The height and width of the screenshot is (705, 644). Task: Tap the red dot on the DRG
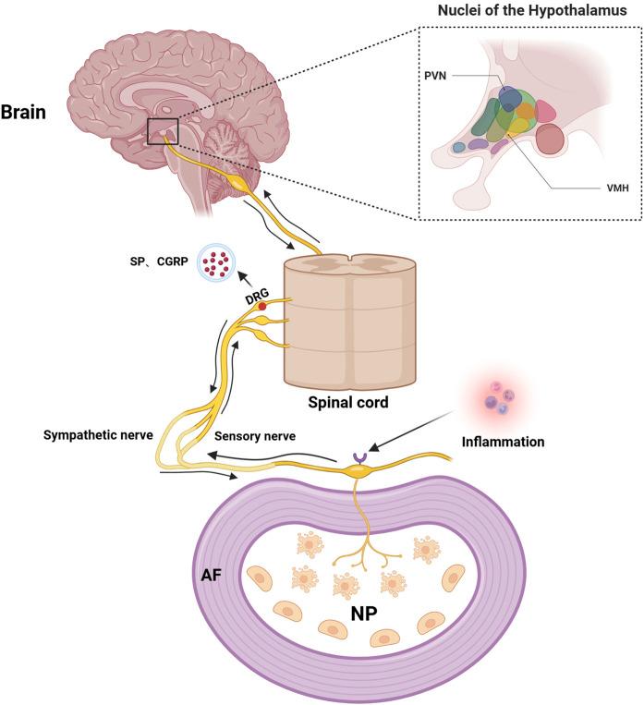pyautogui.click(x=263, y=306)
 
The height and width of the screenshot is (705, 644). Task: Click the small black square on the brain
pyautogui.click(x=163, y=132)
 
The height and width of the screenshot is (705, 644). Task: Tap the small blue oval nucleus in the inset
pyautogui.click(x=457, y=147)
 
